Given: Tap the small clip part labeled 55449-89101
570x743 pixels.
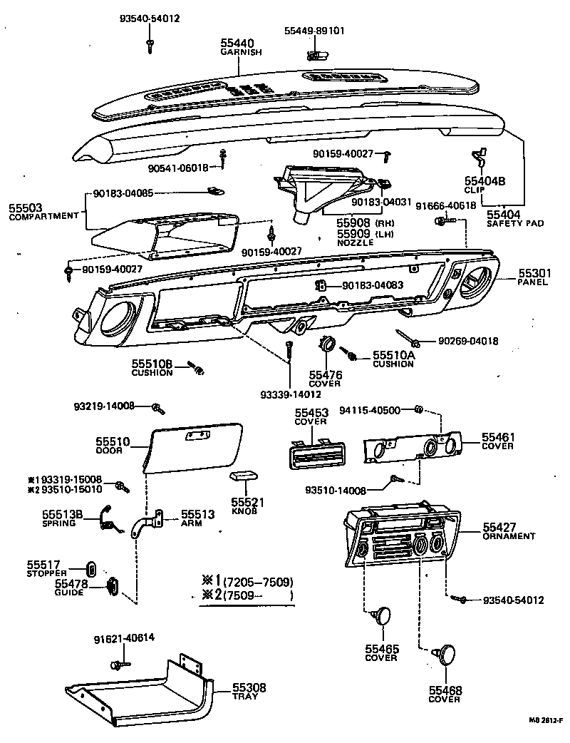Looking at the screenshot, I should [313, 55].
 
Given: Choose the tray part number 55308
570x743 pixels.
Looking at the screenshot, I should [249, 687].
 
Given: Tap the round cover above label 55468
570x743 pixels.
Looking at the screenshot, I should [446, 654].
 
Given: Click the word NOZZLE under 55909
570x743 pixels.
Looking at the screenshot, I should [355, 242].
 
